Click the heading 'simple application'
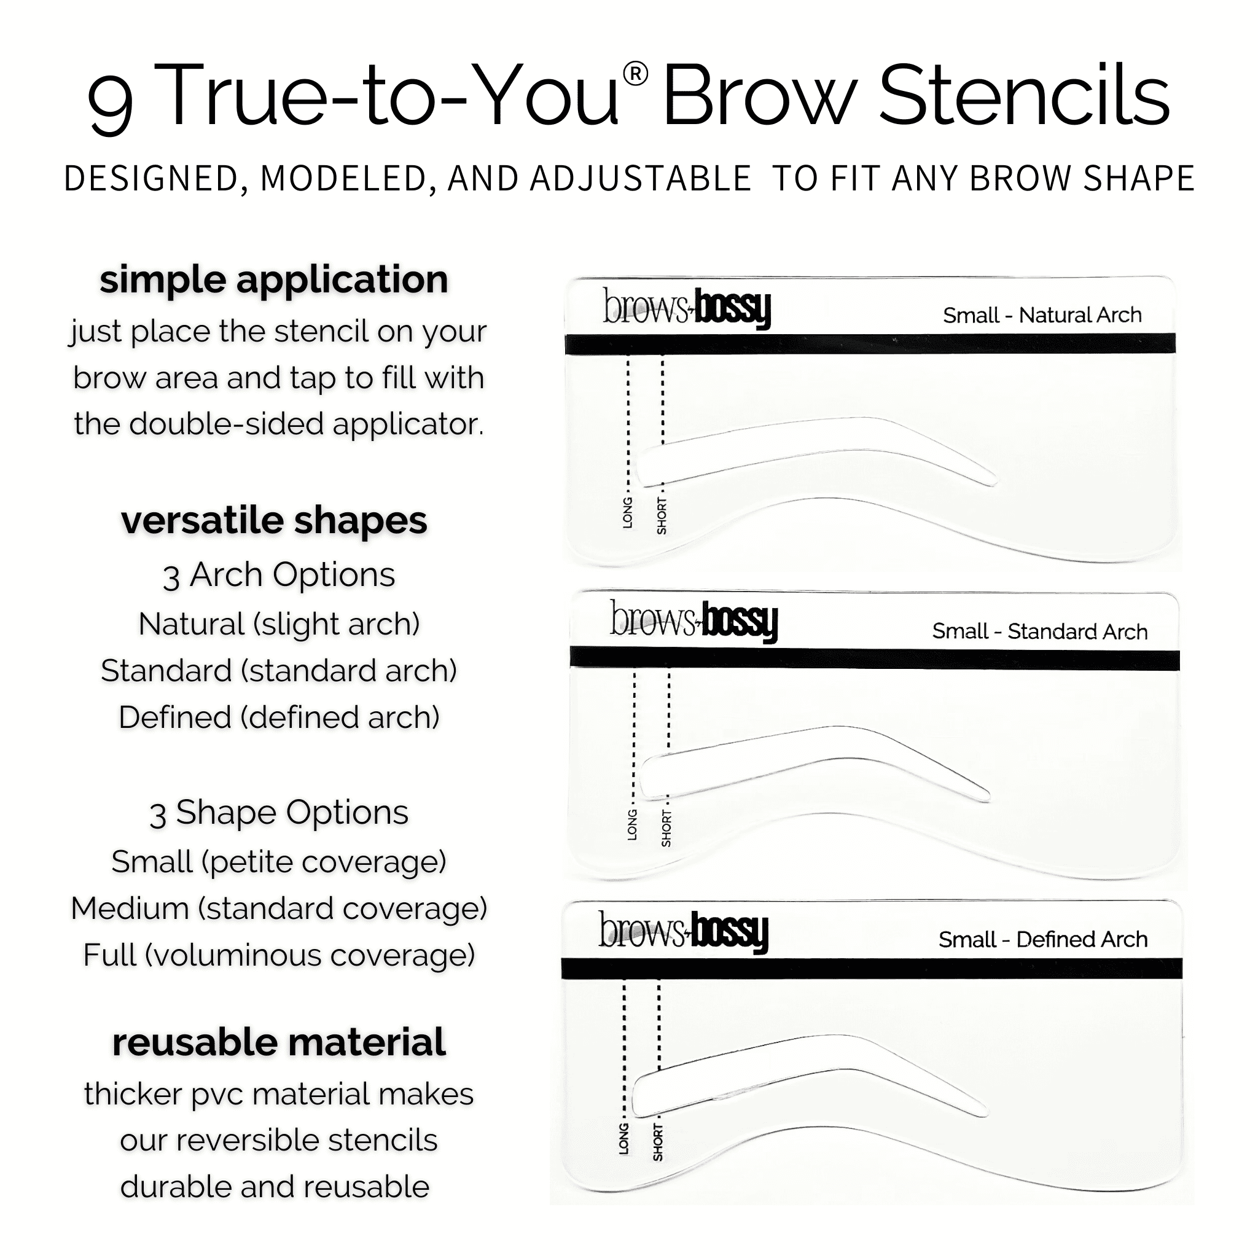click(273, 280)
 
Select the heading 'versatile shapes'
click(274, 521)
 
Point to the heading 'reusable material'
click(279, 1042)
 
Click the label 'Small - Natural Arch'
click(1042, 315)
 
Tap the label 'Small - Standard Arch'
click(1039, 631)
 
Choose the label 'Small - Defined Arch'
click(1042, 940)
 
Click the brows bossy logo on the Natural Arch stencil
click(687, 307)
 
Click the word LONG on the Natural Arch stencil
click(628, 512)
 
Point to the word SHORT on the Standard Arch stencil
click(666, 829)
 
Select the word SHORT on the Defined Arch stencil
click(658, 1142)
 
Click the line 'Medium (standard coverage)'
click(279, 908)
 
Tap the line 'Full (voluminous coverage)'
click(279, 955)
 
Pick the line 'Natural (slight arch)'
click(279, 624)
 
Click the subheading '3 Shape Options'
click(279, 813)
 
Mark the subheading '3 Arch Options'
click(279, 575)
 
